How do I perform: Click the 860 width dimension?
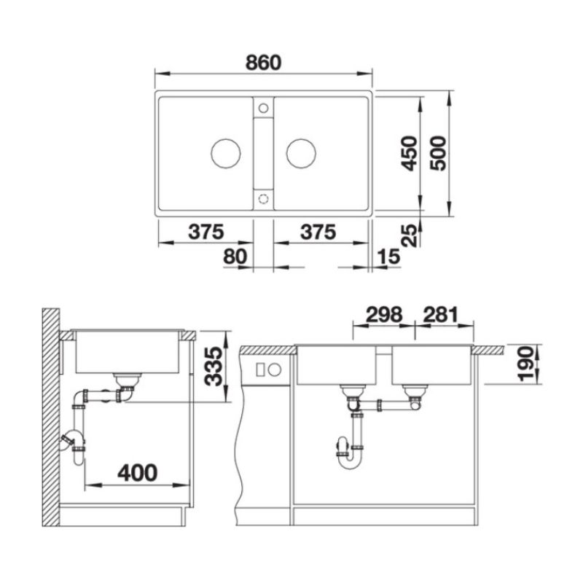coord(263,63)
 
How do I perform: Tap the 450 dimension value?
coord(410,154)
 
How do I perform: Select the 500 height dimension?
coord(438,154)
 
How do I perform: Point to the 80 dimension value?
coord(235,257)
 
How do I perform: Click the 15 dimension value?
coord(388,257)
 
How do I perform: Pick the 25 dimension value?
coord(410,235)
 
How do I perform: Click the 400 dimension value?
coord(138,473)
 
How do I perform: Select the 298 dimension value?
coord(384,315)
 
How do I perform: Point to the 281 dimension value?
coord(441,315)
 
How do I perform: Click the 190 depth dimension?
coord(525,364)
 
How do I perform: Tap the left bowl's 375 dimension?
coord(206,232)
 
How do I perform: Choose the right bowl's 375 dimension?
coord(318,232)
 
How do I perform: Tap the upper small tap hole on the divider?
coord(264,109)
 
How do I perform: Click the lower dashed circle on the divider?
coord(264,198)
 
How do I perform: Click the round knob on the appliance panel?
coord(275,369)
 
